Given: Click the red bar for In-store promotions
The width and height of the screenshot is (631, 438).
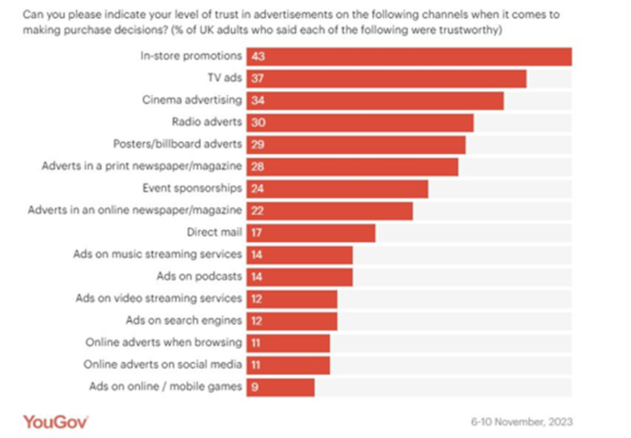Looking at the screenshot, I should click(409, 56).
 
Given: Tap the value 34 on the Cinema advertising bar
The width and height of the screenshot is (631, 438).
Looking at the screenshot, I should click(257, 100).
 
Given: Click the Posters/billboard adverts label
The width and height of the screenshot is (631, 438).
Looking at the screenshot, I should click(177, 145).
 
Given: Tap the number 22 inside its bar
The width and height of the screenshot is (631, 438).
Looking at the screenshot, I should click(257, 210).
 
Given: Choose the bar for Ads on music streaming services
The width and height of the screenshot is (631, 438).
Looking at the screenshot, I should click(299, 255).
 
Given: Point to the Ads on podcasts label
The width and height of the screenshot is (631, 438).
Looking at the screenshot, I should click(199, 277).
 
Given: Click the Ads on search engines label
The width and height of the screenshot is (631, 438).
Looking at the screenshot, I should click(184, 320).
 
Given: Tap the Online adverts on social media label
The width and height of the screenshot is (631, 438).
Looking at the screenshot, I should click(162, 365).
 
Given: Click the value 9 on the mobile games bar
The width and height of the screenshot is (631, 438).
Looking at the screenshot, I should click(254, 387).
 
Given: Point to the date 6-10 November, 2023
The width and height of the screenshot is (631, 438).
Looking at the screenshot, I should click(522, 420).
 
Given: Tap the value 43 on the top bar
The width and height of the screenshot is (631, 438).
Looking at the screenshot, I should click(257, 56).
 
